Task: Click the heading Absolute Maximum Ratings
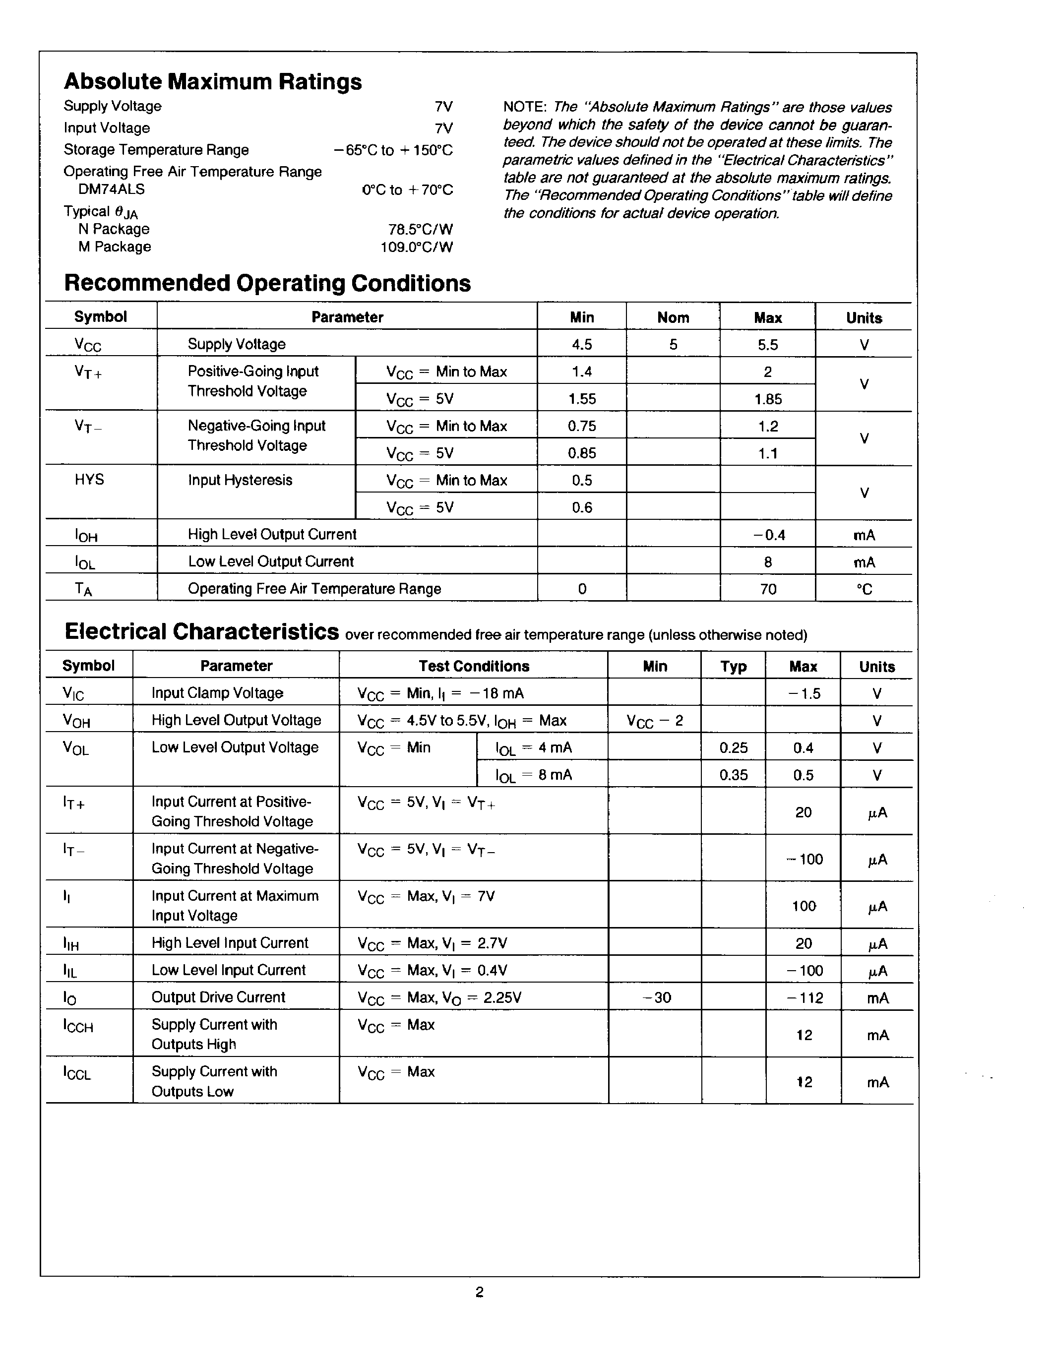coord(213,82)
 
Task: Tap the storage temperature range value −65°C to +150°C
coord(393,150)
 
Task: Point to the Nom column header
coord(673,318)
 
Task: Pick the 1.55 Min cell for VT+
coord(582,399)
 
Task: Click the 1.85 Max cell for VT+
coord(767,399)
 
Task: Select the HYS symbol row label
coord(89,480)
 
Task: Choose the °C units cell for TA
coord(864,589)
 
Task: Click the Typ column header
coord(734,667)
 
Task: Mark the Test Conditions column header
coord(474,667)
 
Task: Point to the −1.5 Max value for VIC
coord(804,694)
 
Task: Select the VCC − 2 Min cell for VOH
coord(654,721)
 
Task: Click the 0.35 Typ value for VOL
coord(734,775)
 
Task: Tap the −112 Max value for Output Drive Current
coord(804,998)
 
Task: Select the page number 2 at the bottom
coord(480,1292)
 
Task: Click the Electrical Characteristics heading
coord(202,632)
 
